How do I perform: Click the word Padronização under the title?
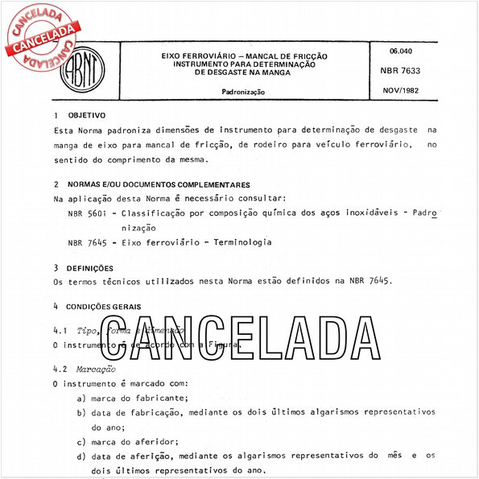[243, 93]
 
